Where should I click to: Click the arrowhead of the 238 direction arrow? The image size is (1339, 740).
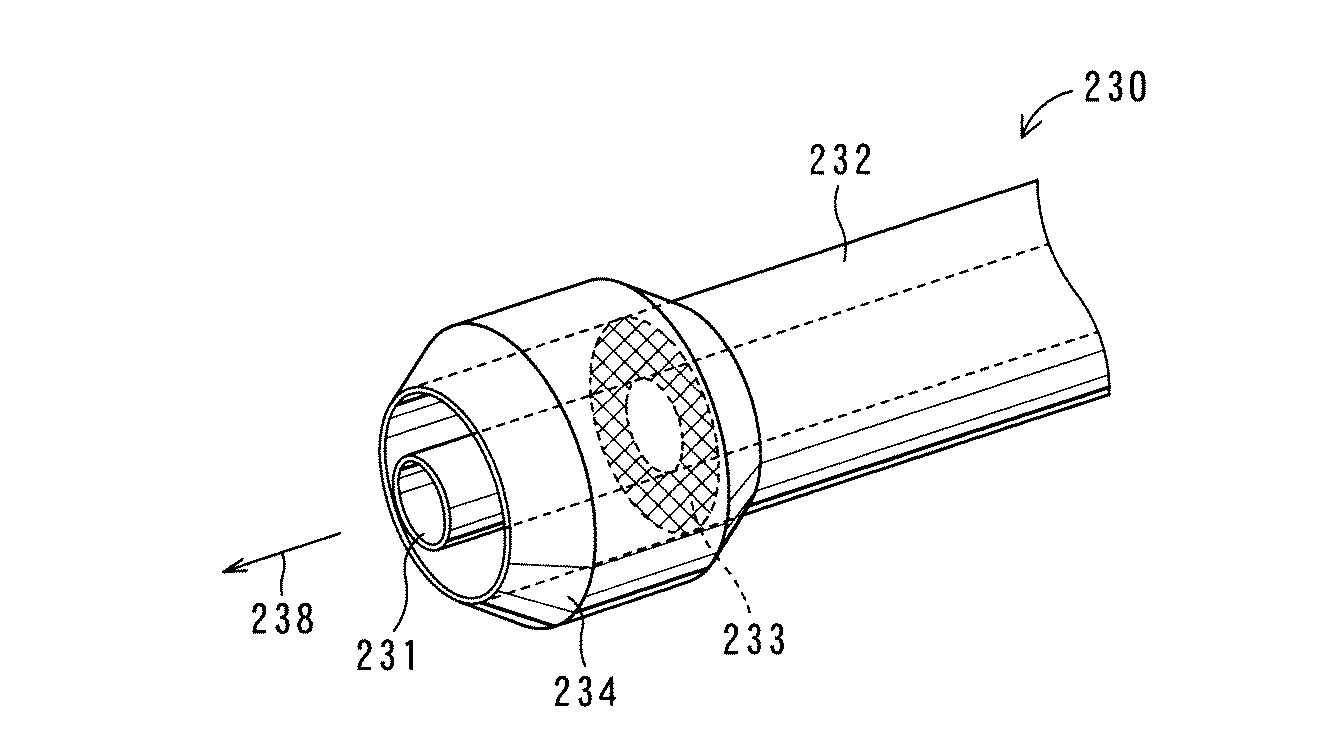tap(233, 569)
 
